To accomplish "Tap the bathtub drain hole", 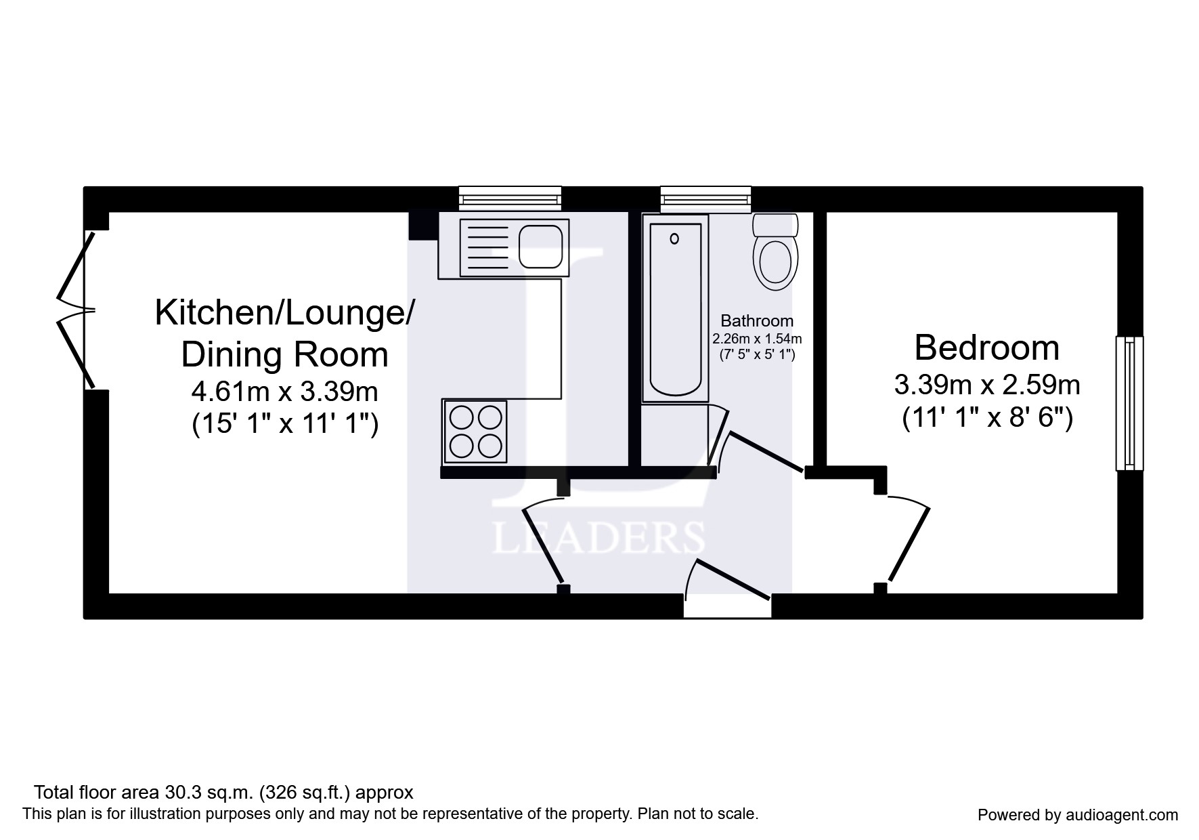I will [x=674, y=238].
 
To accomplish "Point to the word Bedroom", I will [x=986, y=348].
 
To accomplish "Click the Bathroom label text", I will [x=757, y=321].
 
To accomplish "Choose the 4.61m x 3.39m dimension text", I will [x=285, y=391].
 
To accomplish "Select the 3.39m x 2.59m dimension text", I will [x=986, y=385].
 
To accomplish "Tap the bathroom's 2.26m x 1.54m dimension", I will [x=757, y=338].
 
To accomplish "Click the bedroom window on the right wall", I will [x=1129, y=403].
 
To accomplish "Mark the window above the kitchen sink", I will [x=510, y=198].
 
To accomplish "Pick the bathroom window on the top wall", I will [x=705, y=198].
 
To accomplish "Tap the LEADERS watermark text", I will [x=598, y=539].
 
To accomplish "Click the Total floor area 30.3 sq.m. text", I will [x=223, y=793].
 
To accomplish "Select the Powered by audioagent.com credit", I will [x=1078, y=815].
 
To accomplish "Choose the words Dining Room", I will [x=285, y=355].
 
